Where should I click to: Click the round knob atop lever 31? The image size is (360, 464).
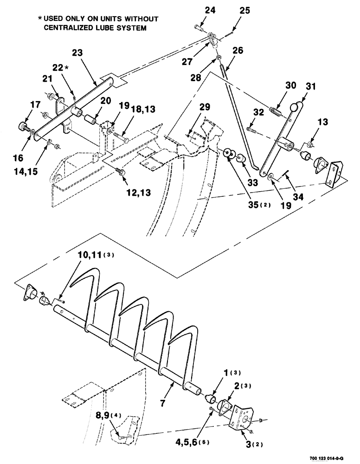click(x=293, y=108)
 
